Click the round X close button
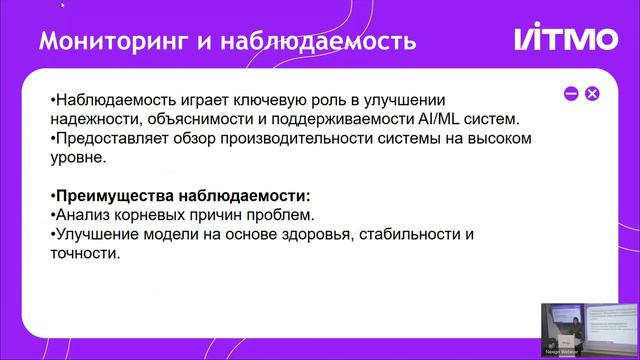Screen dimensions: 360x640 point(592,93)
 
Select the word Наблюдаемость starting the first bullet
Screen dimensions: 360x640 point(111,101)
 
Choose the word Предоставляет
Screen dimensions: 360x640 point(111,139)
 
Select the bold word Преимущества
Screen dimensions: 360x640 point(113,195)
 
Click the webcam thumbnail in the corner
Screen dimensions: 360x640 point(589,329)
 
